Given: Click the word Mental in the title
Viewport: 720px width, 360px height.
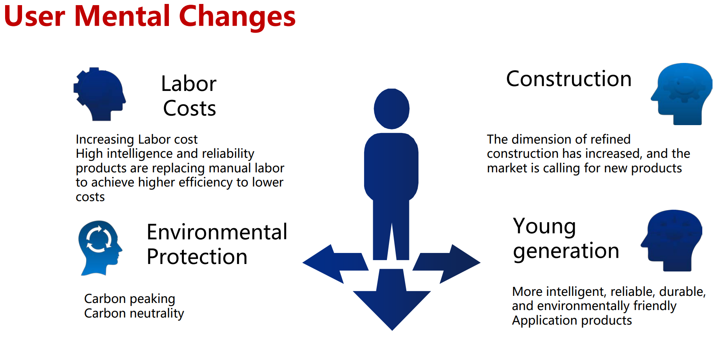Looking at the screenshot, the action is [122, 16].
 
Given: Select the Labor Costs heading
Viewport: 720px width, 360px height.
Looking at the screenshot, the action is [189, 96].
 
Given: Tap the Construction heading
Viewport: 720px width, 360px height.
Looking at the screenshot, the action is [569, 79].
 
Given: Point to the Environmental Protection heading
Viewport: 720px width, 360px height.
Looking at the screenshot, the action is [217, 244].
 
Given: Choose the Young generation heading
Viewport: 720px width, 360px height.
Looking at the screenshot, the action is [566, 238].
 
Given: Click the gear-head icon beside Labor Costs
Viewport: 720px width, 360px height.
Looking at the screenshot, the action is [99, 94].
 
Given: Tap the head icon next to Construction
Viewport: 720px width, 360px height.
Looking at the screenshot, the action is [682, 94].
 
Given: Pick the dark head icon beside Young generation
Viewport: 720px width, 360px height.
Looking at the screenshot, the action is [672, 240].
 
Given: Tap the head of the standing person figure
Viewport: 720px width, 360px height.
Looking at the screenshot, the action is [392, 109].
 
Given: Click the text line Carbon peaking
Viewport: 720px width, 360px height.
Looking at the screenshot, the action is [130, 299].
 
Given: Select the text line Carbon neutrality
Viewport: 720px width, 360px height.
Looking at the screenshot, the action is [134, 314].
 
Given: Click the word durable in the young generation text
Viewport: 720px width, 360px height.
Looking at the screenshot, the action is [682, 292].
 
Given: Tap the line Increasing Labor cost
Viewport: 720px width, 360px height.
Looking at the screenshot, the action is [137, 140].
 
